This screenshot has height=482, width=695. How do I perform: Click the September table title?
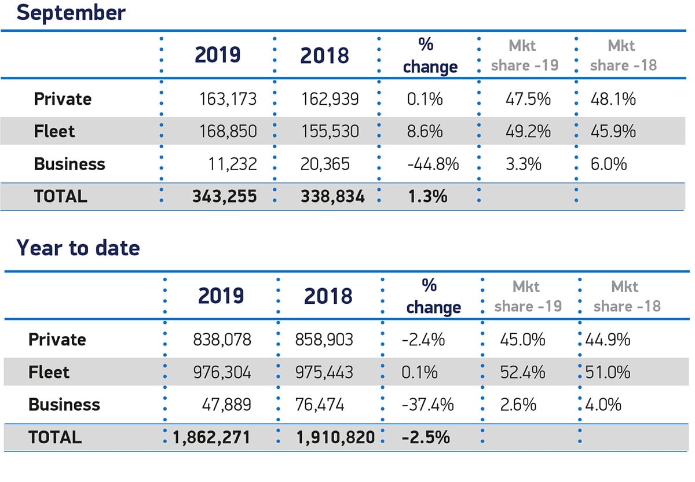(x=71, y=12)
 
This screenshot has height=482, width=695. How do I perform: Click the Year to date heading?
(x=78, y=248)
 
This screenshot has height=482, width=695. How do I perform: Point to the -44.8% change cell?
(x=433, y=164)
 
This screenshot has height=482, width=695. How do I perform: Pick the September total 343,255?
(x=225, y=196)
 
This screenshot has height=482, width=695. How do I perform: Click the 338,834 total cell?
(x=332, y=196)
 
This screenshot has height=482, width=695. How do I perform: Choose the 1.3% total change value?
(x=427, y=196)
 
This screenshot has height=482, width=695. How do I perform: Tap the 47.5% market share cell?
(x=526, y=99)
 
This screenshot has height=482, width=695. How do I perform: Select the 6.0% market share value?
(x=608, y=164)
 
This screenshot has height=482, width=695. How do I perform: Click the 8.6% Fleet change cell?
(x=425, y=131)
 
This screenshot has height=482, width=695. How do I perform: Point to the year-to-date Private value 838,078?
(x=222, y=339)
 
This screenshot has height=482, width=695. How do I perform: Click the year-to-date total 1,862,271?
(x=211, y=437)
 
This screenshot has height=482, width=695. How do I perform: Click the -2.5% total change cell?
(x=426, y=437)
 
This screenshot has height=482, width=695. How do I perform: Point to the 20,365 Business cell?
(x=325, y=164)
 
